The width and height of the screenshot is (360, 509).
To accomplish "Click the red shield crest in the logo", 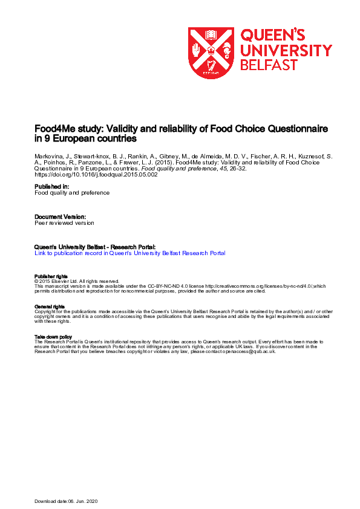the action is (x=211, y=53).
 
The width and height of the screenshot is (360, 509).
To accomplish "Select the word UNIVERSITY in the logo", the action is (x=286, y=50).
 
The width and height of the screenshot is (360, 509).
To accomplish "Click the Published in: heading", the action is (x=52, y=187).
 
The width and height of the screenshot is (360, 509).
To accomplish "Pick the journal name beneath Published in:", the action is (x=72, y=193).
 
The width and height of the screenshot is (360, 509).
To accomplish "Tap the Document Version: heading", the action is (x=61, y=216).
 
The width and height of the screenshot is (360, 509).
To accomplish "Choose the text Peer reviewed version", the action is (x=64, y=222).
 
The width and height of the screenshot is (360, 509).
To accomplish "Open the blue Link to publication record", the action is (x=130, y=253).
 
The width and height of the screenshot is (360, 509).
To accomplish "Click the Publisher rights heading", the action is (x=50, y=277).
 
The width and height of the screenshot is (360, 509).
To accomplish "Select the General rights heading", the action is (x=50, y=306).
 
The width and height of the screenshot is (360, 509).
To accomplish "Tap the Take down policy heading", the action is (x=53, y=337).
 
